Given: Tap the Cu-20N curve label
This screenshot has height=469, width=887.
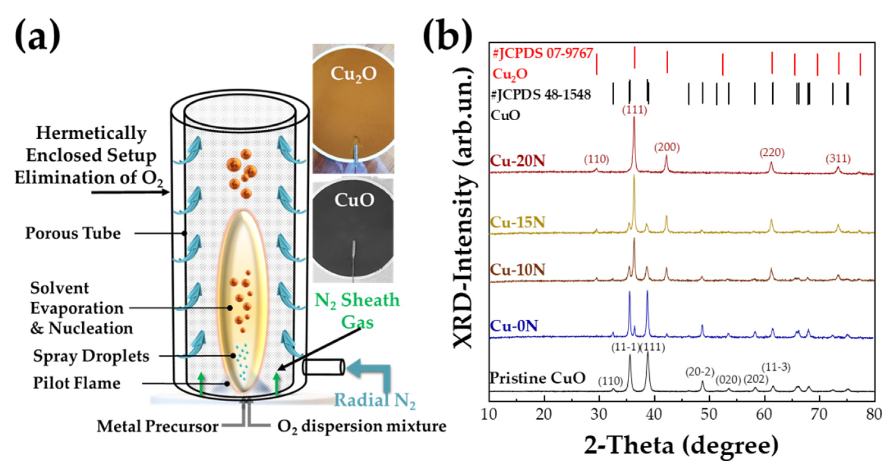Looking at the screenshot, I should [x=517, y=161].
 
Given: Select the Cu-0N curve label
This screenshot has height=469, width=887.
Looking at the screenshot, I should [x=513, y=326].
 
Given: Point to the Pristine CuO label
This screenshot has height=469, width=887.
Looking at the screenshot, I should [x=537, y=378].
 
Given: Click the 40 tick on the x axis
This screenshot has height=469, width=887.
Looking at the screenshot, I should [x=654, y=415].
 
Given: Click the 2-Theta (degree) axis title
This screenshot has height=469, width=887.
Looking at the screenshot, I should [x=681, y=446].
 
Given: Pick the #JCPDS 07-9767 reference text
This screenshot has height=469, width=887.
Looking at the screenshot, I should [x=542, y=54].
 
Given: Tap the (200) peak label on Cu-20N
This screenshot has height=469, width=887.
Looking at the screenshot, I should [x=667, y=147].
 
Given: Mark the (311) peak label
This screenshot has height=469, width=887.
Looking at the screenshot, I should [x=838, y=159].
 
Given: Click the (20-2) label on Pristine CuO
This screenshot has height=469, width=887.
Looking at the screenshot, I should [x=700, y=372].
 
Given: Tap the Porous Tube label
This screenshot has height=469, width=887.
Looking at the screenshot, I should [x=73, y=233].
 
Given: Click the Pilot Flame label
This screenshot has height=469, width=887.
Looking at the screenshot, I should [x=76, y=383].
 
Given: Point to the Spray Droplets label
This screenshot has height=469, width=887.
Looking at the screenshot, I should [x=91, y=356].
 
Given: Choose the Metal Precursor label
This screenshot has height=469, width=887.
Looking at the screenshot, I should [x=157, y=427].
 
